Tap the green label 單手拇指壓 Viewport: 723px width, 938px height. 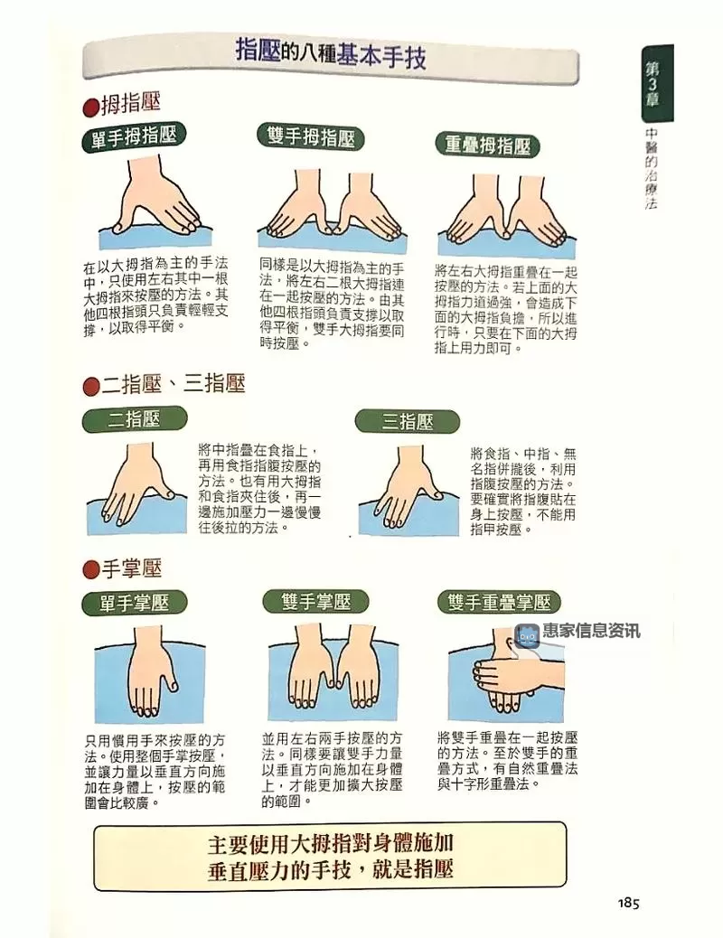tap(134, 137)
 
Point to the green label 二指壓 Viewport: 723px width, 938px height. tap(134, 419)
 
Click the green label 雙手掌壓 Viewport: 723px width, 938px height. tap(315, 601)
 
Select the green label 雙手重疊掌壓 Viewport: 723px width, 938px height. tap(499, 602)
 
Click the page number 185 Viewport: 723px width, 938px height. tap(629, 903)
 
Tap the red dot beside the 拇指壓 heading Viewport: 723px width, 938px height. tap(89, 108)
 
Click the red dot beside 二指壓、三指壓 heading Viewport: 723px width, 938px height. tap(89, 386)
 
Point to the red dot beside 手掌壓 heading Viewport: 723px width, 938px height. tap(89, 569)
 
